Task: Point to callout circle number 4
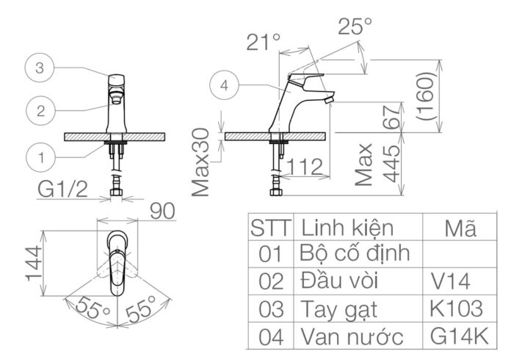[x=225, y=85]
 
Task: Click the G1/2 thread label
[x=63, y=192]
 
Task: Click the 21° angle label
[x=264, y=41]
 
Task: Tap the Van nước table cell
[x=352, y=337]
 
